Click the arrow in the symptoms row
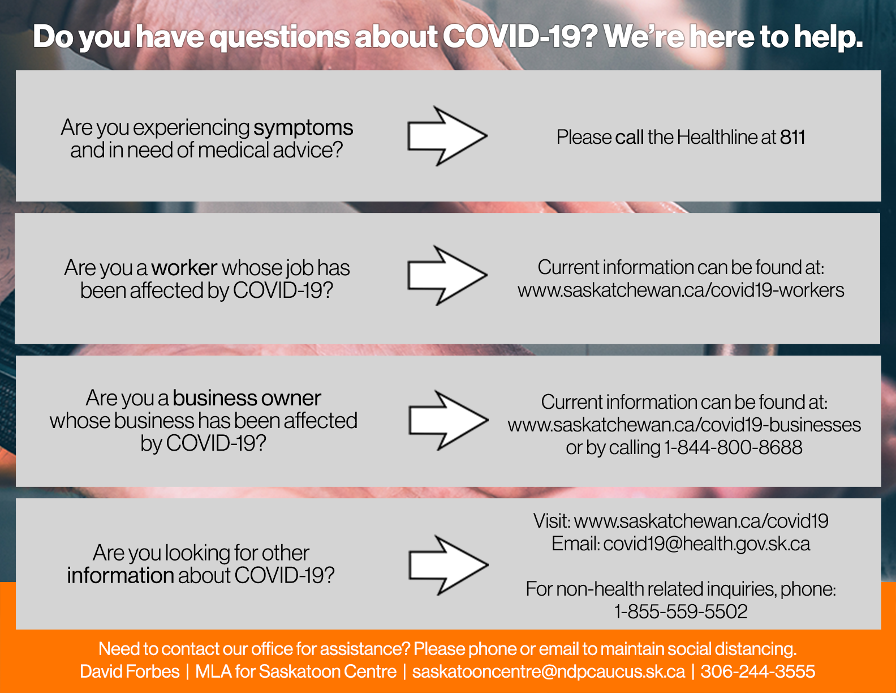(x=447, y=136)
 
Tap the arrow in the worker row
(x=447, y=275)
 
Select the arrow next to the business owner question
(x=449, y=420)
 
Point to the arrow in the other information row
(x=449, y=565)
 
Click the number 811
(x=792, y=137)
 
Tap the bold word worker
(x=184, y=268)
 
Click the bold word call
(x=629, y=137)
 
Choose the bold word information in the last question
(x=120, y=575)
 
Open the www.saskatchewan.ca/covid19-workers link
(x=680, y=290)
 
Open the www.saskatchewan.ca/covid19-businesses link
(x=684, y=425)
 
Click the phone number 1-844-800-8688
(x=733, y=447)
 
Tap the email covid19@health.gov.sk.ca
(x=707, y=544)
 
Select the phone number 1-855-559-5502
(x=680, y=611)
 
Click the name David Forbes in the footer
(x=130, y=671)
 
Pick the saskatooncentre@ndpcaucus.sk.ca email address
(x=548, y=672)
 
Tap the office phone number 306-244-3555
(x=758, y=671)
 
